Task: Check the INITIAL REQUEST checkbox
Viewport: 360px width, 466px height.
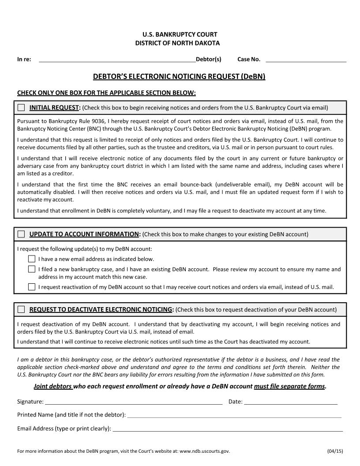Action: (x=21, y=108)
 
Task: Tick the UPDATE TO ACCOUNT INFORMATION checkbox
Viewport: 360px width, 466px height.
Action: (x=21, y=234)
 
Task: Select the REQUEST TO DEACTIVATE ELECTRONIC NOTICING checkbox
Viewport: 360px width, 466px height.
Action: (x=21, y=309)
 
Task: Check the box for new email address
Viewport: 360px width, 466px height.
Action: (x=32, y=259)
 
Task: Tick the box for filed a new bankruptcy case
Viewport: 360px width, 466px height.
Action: (x=32, y=269)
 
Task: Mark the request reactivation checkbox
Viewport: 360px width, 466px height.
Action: (x=32, y=287)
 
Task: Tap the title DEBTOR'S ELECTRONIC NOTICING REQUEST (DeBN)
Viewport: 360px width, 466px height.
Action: (x=179, y=76)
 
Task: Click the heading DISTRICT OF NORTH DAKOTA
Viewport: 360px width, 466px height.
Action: (x=177, y=43)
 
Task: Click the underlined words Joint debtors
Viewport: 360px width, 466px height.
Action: (x=53, y=386)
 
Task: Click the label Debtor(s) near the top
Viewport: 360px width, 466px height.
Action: (x=209, y=59)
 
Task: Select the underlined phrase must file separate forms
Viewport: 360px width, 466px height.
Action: (x=289, y=386)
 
